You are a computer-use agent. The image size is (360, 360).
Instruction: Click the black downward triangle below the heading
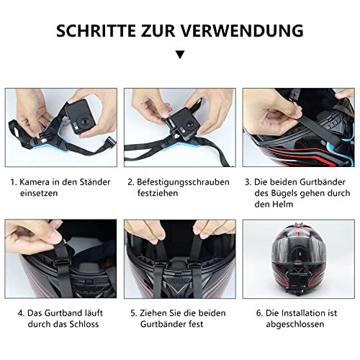pyautogui.click(x=180, y=54)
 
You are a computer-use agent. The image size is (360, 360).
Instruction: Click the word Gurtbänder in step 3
pyautogui.click(x=310, y=182)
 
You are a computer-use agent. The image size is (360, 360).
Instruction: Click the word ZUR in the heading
pyautogui.click(x=158, y=30)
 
